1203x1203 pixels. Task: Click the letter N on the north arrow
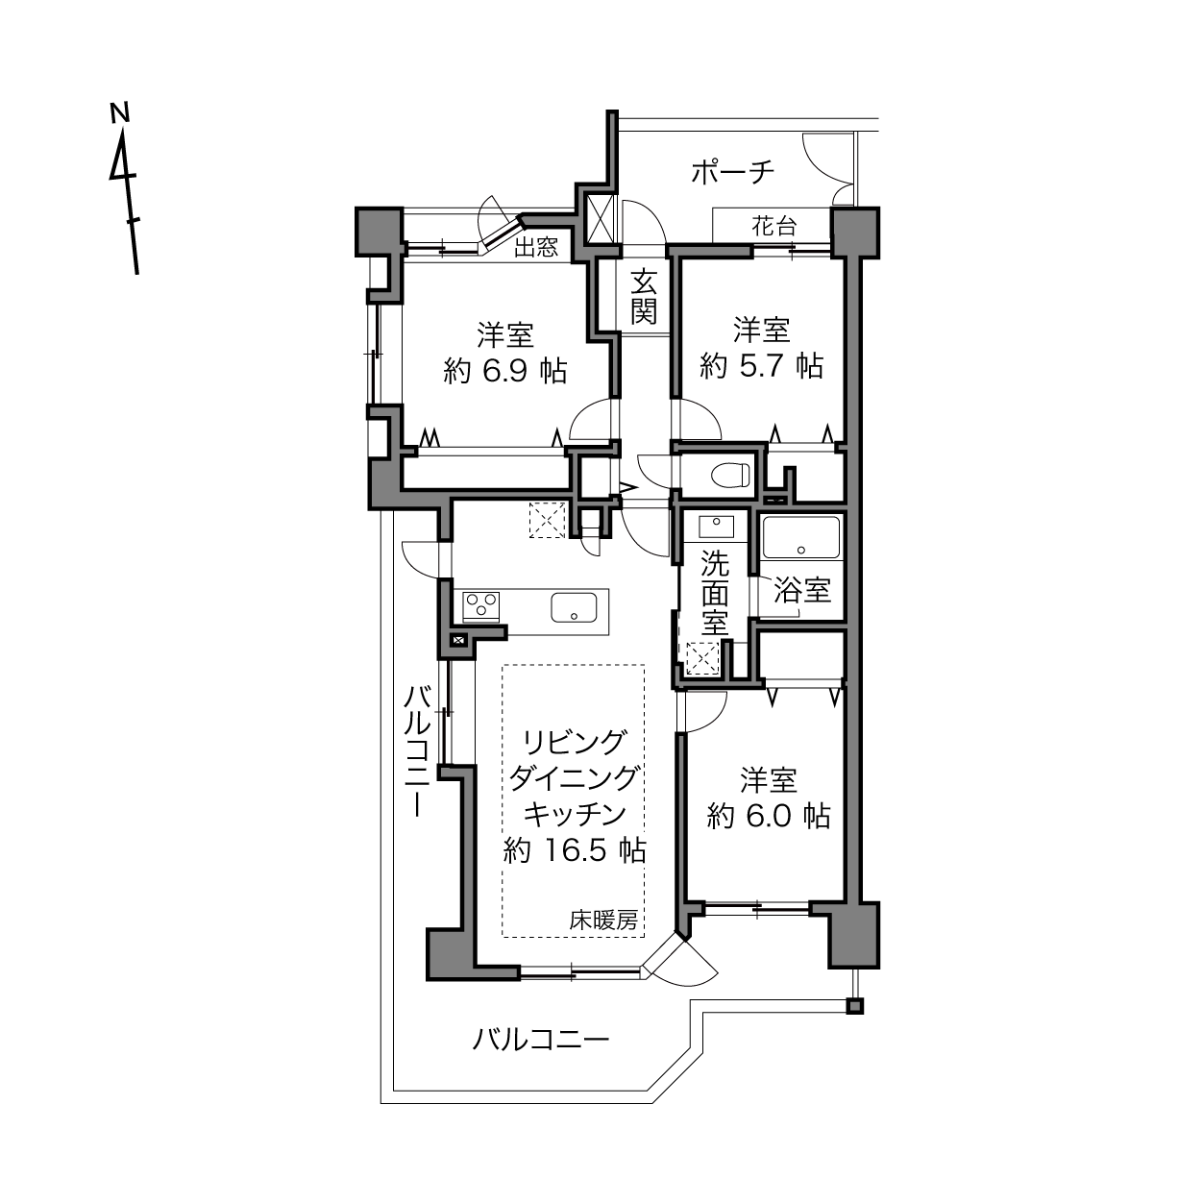120,112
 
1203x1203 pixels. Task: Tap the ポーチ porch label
732,172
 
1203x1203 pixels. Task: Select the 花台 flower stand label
774,226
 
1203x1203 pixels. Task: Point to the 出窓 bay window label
535,248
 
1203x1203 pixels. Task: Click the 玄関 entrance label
644,297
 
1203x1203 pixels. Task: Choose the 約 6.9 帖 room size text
505,372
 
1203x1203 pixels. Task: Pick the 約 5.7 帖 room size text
762,365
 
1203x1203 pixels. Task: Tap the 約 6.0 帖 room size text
769,816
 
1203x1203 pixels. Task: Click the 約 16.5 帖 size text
574,849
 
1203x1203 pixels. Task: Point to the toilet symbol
730,475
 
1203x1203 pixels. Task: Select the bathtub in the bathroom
801,537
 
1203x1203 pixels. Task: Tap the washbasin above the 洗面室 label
716,527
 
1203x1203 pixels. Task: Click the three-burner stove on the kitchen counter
480,607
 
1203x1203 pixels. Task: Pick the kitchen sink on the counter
574,607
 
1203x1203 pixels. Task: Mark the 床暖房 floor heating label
603,921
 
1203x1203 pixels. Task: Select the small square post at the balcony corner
854,1006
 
